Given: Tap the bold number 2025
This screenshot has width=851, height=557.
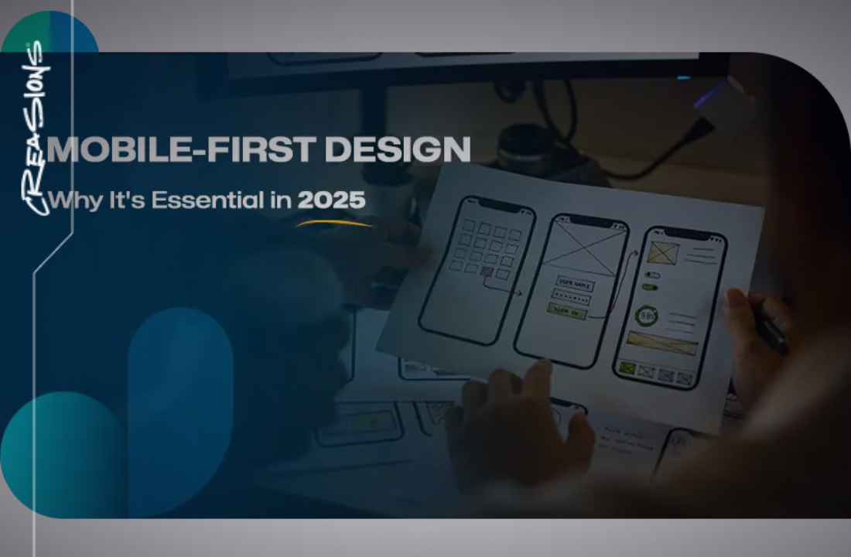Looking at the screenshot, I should [331, 200].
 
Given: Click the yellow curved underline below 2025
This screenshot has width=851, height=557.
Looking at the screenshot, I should [334, 224].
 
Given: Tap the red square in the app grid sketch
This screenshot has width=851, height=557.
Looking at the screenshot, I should [487, 272].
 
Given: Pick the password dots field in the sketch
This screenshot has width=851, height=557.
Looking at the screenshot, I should [571, 298].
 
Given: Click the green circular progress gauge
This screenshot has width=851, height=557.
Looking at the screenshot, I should [646, 316].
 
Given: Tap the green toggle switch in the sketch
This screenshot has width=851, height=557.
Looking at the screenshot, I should [651, 286].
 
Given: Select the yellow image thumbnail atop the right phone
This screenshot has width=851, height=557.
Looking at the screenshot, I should [664, 252].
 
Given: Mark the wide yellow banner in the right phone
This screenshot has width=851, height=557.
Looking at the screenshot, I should [662, 342].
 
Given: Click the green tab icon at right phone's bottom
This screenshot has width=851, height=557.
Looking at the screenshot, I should [627, 368].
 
